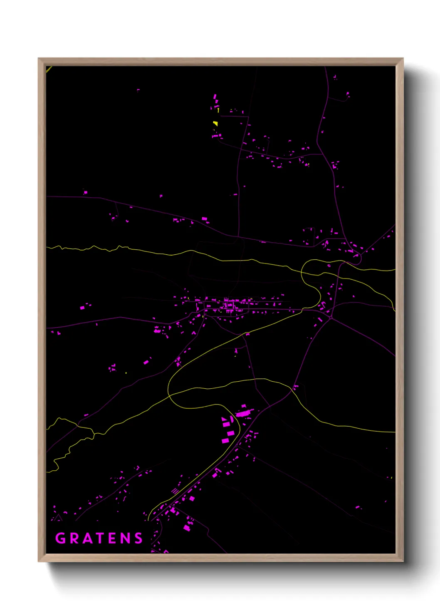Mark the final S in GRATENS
click(x=138, y=538)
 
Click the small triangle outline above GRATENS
click(x=59, y=518)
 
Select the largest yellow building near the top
click(x=215, y=123)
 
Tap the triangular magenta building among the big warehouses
click(x=224, y=419)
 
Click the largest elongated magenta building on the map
click(x=245, y=413)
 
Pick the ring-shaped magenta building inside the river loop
click(x=329, y=265)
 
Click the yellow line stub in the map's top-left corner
click(x=49, y=69)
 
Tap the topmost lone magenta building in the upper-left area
click(x=138, y=89)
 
